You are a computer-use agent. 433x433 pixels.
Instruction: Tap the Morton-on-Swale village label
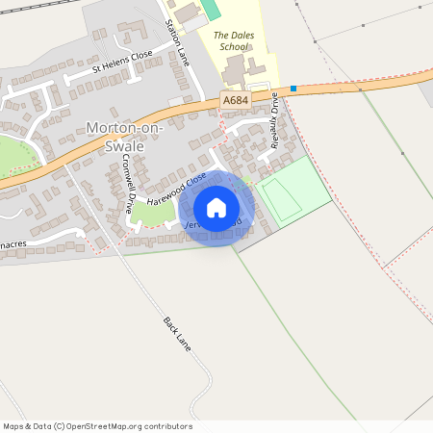pos(126,137)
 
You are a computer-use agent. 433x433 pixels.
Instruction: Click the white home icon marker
pos(216,207)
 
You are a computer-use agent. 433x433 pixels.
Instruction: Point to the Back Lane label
pos(179,335)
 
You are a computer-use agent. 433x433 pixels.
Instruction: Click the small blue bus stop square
pos(293,89)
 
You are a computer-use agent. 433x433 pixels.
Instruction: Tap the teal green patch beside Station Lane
pos(211,9)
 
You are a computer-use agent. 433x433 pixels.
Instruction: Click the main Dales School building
pos(234,69)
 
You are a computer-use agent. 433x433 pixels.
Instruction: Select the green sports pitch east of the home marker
pos(293,190)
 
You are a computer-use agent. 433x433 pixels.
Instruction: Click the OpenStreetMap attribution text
pos(98,426)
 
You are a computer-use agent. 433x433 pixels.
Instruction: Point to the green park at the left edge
pos(12,154)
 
